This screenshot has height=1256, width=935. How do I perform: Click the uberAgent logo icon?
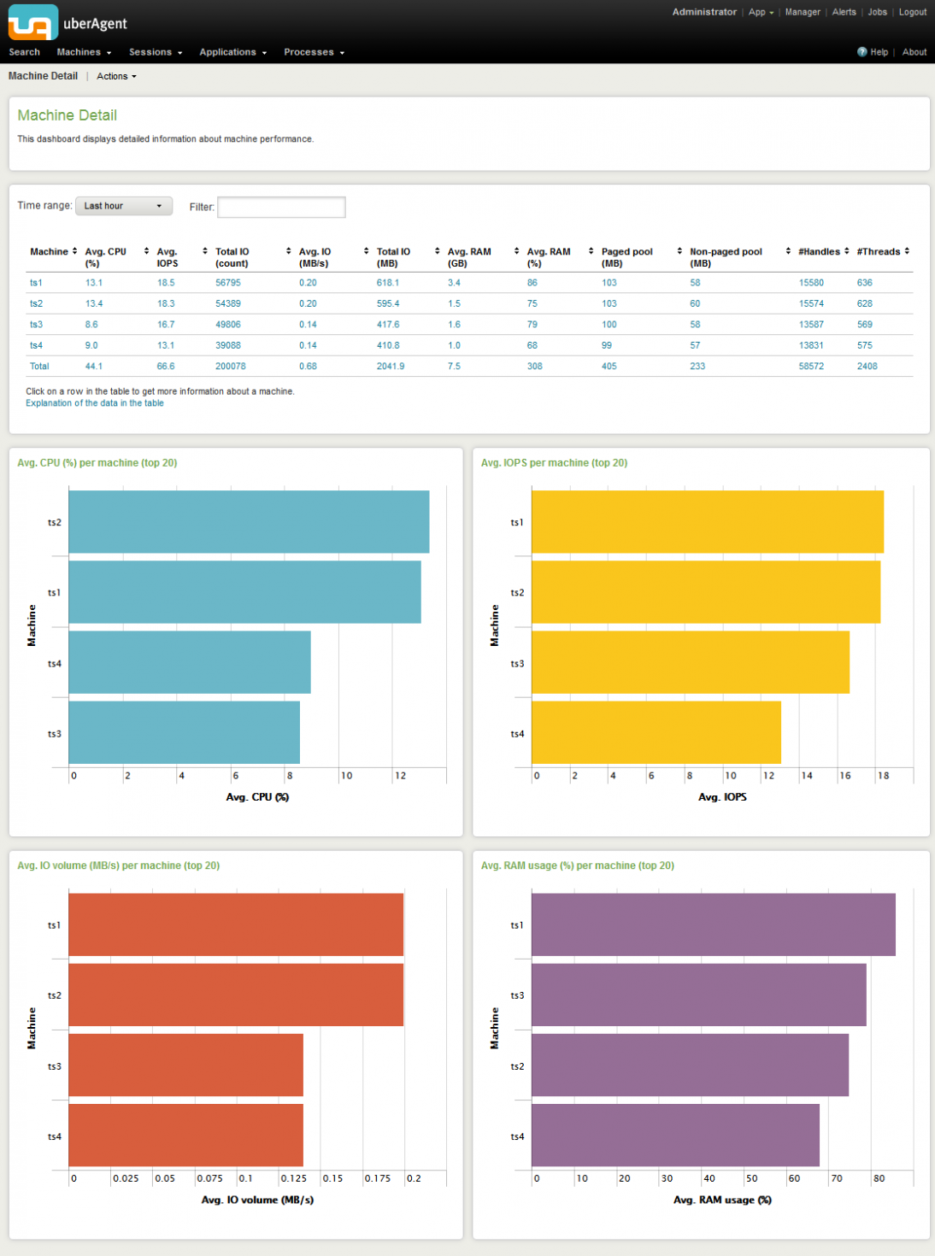point(33,22)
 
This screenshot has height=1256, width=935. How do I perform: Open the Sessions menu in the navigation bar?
point(155,52)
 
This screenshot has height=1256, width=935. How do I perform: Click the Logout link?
point(912,12)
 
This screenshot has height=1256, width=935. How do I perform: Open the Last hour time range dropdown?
point(124,206)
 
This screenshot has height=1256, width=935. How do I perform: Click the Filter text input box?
point(281,207)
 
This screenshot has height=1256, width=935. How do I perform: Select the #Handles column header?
point(819,252)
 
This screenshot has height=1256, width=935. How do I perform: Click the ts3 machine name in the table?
point(36,325)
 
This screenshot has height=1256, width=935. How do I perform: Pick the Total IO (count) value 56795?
point(228,283)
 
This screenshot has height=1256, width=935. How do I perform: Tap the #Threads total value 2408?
point(867,367)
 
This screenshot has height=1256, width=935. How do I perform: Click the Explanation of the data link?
point(95,403)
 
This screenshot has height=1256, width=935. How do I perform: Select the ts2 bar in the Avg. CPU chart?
point(249,522)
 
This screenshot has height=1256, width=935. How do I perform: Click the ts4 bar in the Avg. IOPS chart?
point(656,733)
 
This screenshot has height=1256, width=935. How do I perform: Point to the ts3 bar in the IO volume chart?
point(185,1065)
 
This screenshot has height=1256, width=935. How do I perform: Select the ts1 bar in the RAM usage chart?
point(713,925)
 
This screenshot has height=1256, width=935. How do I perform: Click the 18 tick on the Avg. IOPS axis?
point(883,776)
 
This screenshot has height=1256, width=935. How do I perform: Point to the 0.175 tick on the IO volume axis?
point(378,1178)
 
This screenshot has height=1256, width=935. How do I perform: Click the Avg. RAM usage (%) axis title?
point(722,1200)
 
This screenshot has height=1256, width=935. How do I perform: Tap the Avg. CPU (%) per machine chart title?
point(97,463)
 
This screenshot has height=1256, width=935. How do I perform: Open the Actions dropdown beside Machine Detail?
point(116,77)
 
